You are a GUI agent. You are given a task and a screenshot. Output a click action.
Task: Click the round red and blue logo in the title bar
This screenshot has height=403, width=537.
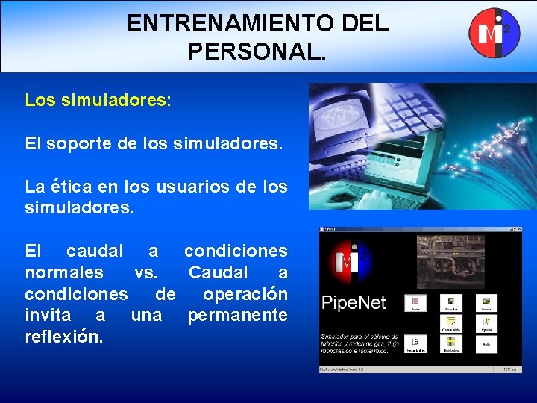click(493, 32)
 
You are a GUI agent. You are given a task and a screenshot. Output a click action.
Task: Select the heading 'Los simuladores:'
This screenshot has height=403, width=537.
click(98, 100)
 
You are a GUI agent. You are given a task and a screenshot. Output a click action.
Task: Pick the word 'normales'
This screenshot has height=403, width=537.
click(64, 272)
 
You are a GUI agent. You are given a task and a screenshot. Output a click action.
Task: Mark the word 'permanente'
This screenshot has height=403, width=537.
click(237, 315)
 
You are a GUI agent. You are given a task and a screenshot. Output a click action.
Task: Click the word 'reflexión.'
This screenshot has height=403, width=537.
click(64, 337)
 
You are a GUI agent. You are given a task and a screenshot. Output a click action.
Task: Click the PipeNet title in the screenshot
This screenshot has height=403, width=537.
click(354, 303)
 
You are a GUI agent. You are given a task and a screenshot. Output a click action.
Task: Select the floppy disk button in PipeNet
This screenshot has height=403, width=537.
click(452, 303)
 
